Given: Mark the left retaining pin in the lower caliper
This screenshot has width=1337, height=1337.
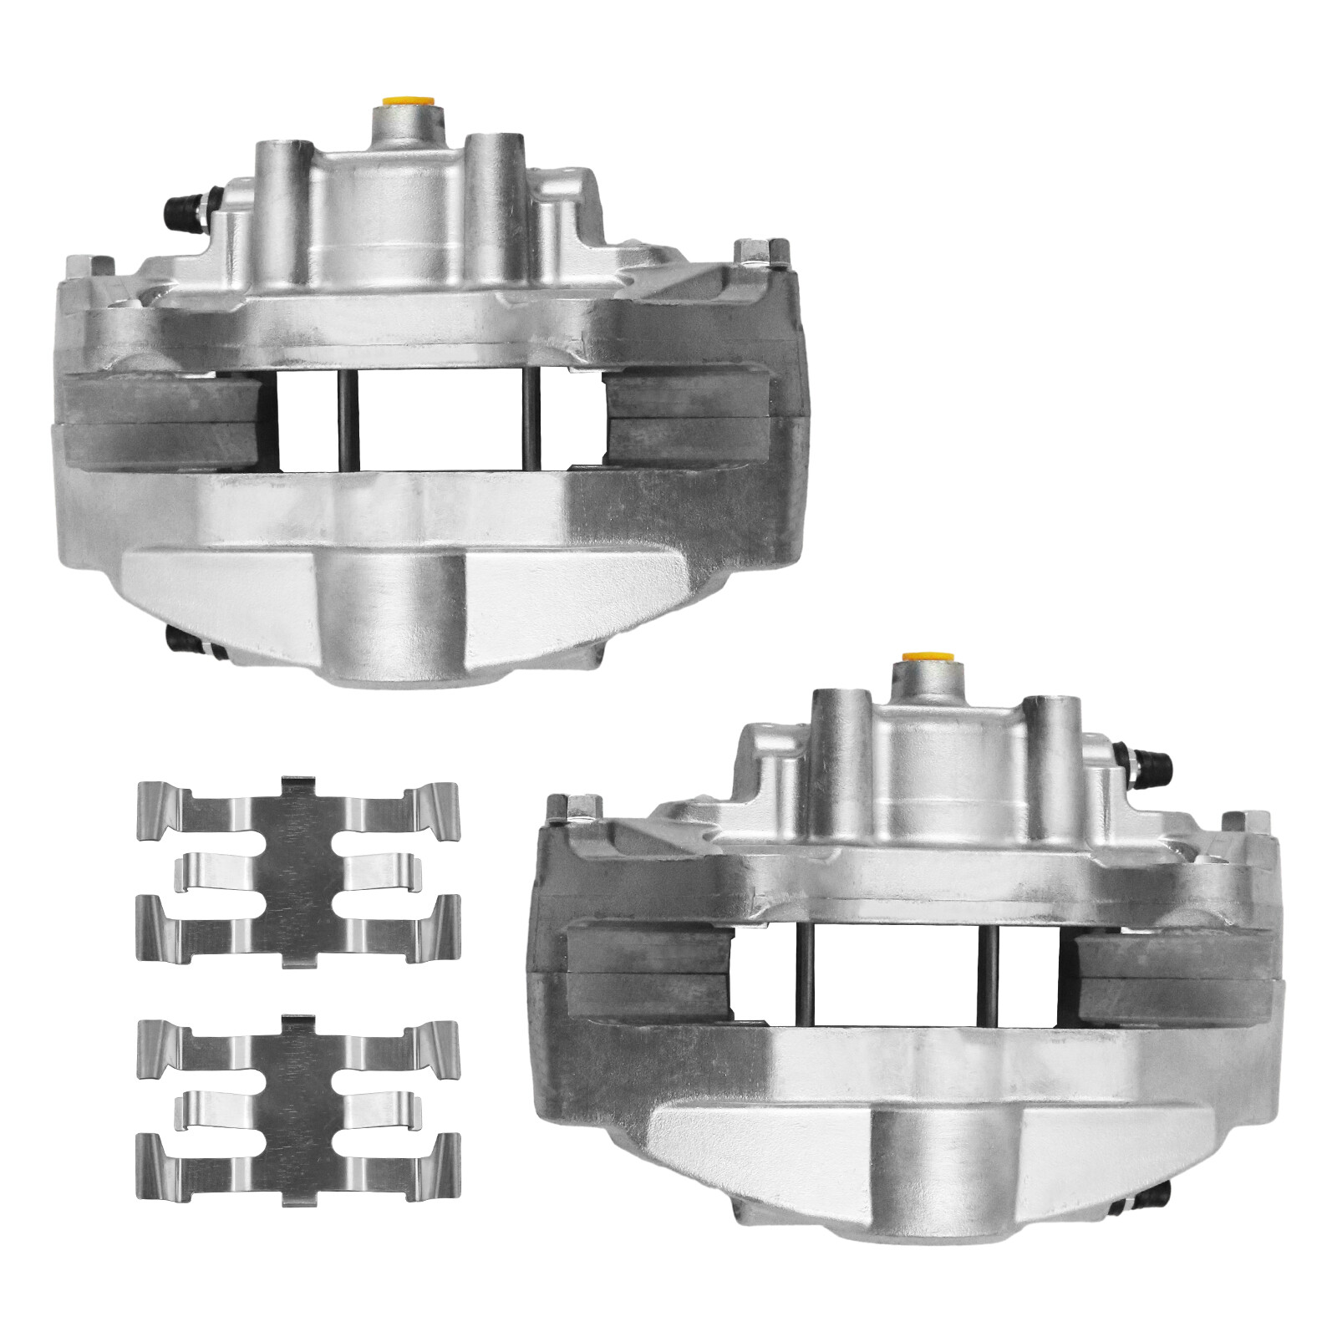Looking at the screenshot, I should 808,974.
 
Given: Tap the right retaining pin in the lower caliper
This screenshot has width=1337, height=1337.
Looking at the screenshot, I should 992,974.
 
